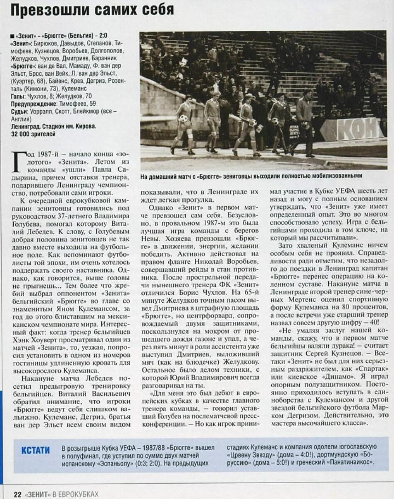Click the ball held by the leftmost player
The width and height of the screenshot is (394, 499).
[x=183, y=119]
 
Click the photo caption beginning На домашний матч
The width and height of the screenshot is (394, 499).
[x=251, y=176]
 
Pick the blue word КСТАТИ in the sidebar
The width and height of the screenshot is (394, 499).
[x=35, y=450]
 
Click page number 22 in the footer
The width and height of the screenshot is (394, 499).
[x=17, y=494]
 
